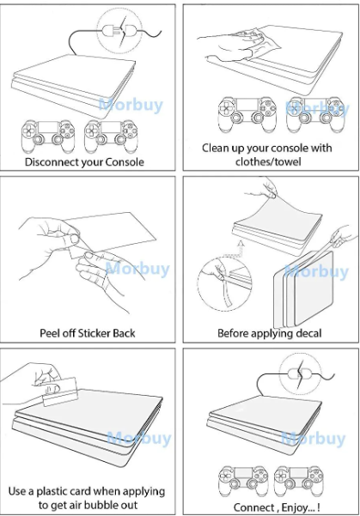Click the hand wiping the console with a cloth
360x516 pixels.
coord(231,44)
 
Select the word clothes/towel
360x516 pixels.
coord(268,161)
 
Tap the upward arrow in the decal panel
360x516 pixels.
coord(241,247)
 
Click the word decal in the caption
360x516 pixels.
coord(308,333)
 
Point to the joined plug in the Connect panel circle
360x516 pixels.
coord(300,373)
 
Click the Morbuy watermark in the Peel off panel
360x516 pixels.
coord(137,268)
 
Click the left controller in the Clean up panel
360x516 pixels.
coord(247,114)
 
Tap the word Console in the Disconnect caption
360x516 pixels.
coord(125,162)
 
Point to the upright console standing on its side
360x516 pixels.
coord(303,289)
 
